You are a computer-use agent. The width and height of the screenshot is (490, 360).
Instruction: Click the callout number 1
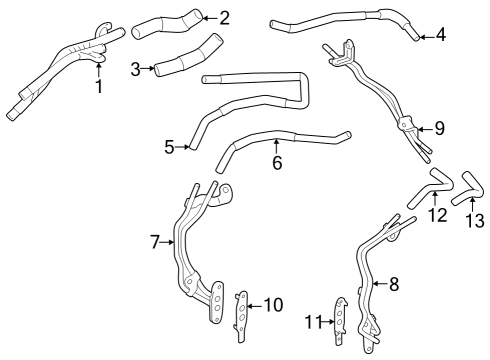98,86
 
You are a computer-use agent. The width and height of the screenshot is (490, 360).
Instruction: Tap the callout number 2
224,17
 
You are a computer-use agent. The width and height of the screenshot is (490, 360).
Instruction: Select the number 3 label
136,69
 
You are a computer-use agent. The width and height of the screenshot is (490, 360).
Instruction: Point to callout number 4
441,37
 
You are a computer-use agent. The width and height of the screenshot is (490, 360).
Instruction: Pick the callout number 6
277,162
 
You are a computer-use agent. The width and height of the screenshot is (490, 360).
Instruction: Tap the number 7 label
155,241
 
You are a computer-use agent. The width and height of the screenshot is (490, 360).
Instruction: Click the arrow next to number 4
426,37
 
